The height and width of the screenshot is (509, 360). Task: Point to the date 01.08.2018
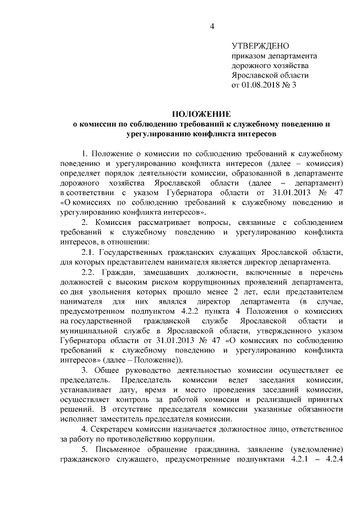(x=264, y=86)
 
